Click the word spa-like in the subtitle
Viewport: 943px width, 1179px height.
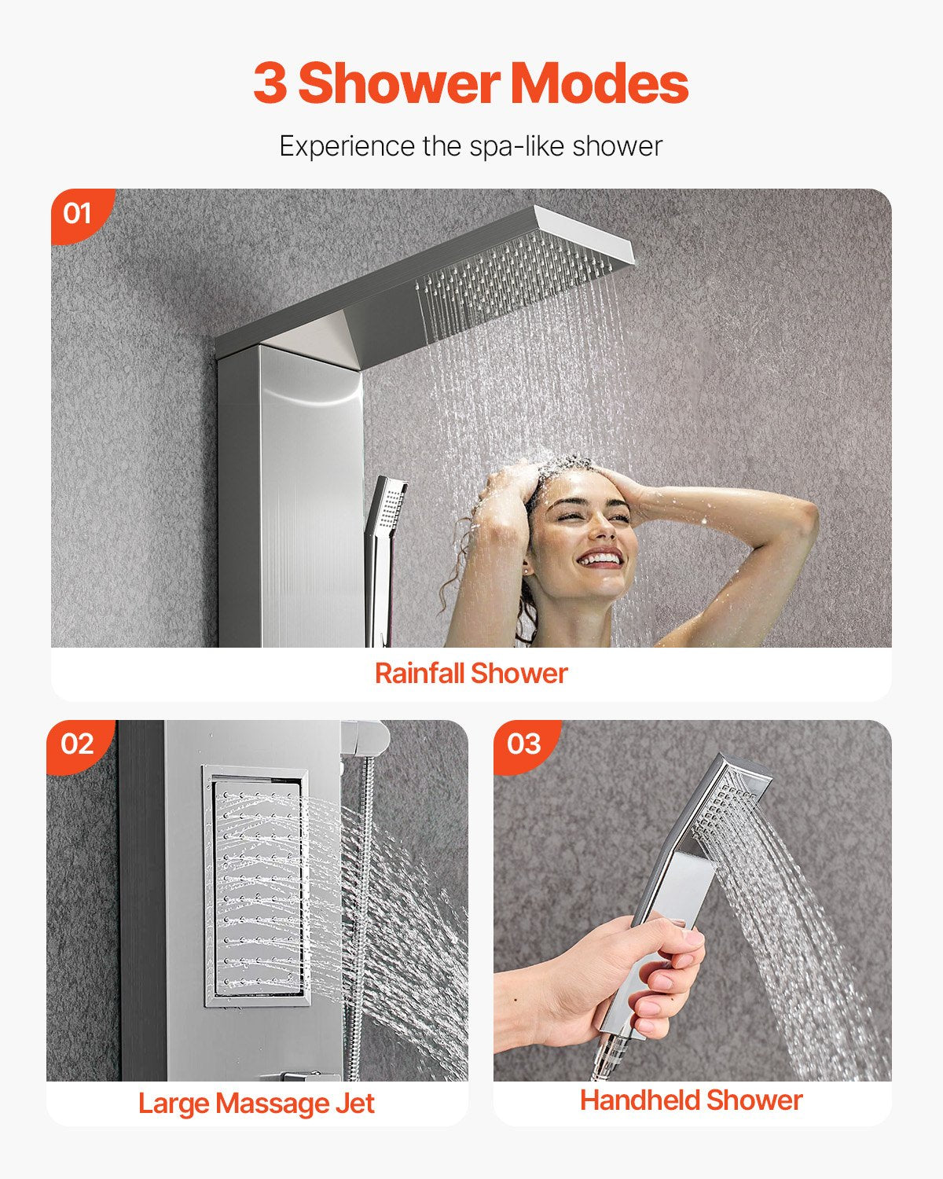point(516,146)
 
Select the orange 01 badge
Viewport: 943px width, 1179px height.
point(77,213)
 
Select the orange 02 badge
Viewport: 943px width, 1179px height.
point(77,744)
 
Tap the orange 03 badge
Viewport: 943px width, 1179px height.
point(524,744)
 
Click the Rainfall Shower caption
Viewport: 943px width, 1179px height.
point(471,674)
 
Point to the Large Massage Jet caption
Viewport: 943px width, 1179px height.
point(256,1104)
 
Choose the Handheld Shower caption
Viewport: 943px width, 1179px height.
point(691,1100)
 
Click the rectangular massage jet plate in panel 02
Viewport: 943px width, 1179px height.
point(255,886)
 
